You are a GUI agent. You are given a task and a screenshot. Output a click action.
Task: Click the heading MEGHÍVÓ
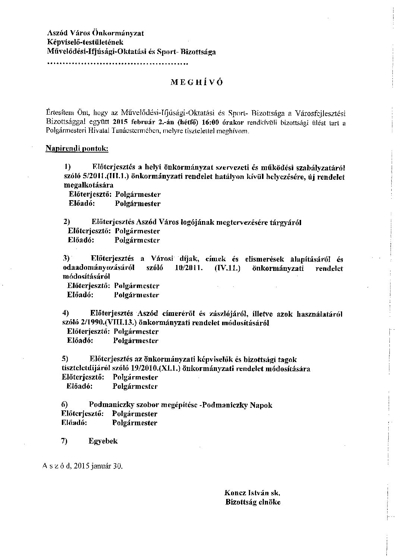point(197,83)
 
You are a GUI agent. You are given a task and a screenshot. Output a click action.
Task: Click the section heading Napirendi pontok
point(77,149)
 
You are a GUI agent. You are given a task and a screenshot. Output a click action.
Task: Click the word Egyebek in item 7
point(103,441)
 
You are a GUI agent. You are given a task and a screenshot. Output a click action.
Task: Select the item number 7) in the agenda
point(64,441)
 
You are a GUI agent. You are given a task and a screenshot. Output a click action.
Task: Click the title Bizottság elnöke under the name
point(253,502)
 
